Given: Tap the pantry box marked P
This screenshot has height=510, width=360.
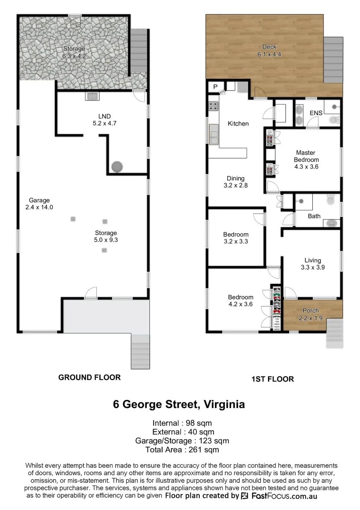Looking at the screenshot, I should click(x=215, y=86).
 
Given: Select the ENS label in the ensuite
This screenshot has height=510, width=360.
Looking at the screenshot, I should click(x=316, y=113).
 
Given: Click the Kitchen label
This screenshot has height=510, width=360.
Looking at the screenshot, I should click(x=238, y=124).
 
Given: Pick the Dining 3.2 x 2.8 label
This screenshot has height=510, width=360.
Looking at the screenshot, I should click(x=235, y=182).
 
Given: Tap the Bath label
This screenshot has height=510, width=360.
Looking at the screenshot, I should click(x=314, y=216).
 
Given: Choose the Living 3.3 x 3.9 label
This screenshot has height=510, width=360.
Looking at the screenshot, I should click(x=312, y=264).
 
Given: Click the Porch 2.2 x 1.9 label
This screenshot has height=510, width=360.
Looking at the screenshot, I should click(x=310, y=314).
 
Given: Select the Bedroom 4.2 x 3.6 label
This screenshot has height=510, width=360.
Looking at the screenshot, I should click(x=240, y=300).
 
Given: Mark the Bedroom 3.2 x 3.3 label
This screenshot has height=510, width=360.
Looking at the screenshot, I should click(x=236, y=238).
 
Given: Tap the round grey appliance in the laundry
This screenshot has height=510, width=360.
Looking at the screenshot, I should click(x=117, y=166).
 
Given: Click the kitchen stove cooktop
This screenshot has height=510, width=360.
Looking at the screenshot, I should click(x=213, y=107).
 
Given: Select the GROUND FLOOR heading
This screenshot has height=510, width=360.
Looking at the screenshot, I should click(x=89, y=377).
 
